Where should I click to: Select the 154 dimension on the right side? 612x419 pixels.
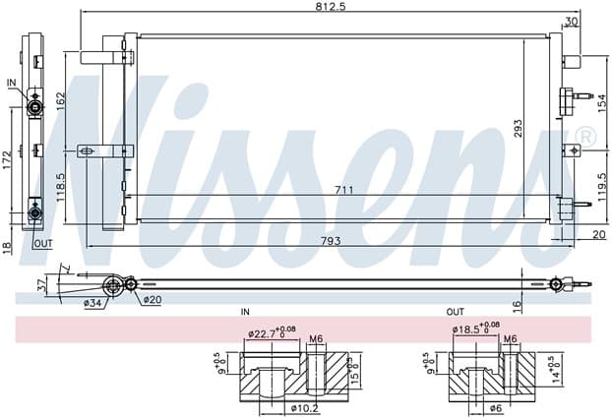tap(603, 101)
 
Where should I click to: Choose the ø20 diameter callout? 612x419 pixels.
tap(152, 300)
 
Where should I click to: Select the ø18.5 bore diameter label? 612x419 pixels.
tap(467, 329)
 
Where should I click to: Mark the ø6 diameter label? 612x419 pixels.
tap(494, 406)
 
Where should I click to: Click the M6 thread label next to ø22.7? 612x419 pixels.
tap(316, 339)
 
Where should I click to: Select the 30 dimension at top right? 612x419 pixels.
tap(572, 22)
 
